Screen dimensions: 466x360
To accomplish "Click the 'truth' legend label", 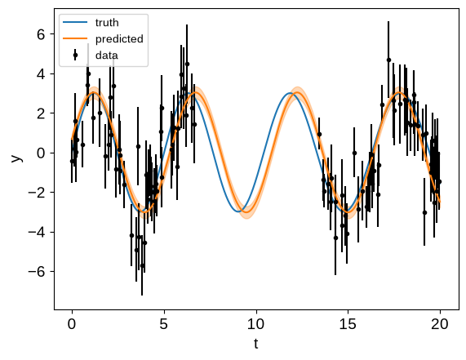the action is click(x=107, y=23).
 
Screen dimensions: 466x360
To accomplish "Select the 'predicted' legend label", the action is click(x=119, y=39).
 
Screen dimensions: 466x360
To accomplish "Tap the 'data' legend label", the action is click(x=107, y=56).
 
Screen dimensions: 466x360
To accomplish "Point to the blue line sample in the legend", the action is click(x=75, y=22).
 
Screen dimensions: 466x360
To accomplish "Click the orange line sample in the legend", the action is click(x=75, y=38).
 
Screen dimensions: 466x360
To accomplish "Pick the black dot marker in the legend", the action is click(x=75, y=55).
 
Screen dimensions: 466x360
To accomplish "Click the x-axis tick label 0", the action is click(x=72, y=324).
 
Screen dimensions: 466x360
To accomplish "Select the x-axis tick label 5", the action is click(x=164, y=324).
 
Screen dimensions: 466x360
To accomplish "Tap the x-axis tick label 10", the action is click(x=255, y=324).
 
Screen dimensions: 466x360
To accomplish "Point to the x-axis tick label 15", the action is click(x=348, y=324).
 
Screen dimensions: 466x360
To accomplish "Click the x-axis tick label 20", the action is click(x=440, y=324).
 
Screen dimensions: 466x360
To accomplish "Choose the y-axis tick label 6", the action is click(x=41, y=34).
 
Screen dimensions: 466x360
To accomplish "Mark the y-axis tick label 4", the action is click(x=41, y=74).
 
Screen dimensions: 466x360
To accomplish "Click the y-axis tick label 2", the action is click(x=41, y=113).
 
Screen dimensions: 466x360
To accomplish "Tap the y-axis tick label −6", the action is click(x=37, y=272).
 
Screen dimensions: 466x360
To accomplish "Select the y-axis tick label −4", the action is click(x=37, y=232).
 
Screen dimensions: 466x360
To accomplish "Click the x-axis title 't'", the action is click(x=256, y=344).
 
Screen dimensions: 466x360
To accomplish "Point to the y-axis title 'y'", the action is click(x=17, y=158).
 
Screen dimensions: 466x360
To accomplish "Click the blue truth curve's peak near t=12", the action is click(x=290, y=93).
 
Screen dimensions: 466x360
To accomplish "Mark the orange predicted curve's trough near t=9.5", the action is click(x=246, y=212).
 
